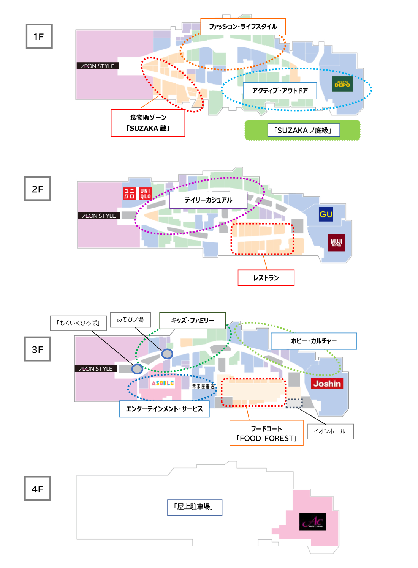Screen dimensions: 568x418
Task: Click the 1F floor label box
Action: [x=39, y=36]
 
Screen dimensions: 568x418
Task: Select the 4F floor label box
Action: [x=37, y=489]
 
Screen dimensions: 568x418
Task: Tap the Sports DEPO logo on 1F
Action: [x=342, y=84]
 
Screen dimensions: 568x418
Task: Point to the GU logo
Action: [x=326, y=214]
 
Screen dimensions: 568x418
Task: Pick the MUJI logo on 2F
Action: [x=336, y=242]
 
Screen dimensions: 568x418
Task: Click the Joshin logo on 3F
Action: [x=327, y=384]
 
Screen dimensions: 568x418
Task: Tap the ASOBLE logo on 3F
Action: [x=163, y=383]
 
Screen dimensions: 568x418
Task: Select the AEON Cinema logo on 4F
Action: [x=312, y=522]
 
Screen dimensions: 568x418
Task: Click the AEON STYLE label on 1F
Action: [x=98, y=66]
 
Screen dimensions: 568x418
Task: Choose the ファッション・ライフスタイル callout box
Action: [x=243, y=27]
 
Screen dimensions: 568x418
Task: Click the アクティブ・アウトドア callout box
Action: [x=280, y=91]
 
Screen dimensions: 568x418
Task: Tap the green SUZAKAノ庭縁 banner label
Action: [x=303, y=131]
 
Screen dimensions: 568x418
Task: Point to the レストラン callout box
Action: [x=266, y=278]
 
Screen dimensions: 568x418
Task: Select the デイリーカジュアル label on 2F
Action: [x=208, y=200]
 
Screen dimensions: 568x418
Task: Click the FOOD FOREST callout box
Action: [x=266, y=433]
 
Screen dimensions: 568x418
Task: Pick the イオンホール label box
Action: [x=330, y=431]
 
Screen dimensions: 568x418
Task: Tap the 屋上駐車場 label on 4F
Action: [x=195, y=507]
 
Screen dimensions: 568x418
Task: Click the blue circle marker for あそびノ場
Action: [x=167, y=354]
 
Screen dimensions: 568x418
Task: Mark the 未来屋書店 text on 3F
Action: [x=203, y=386]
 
